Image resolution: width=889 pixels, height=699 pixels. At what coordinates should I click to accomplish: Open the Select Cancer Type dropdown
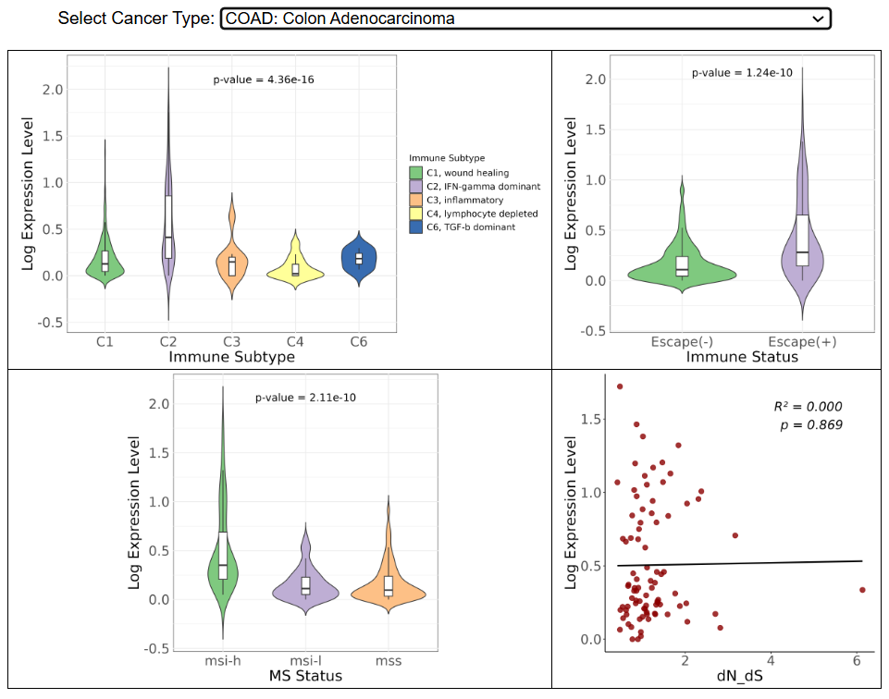525,18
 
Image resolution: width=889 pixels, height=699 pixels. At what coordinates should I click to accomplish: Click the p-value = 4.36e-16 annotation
264,80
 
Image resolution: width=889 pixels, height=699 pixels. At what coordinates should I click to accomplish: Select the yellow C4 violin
295,269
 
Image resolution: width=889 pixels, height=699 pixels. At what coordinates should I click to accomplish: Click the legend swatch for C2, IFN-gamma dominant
416,187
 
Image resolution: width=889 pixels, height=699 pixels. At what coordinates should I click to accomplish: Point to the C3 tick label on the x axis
232,342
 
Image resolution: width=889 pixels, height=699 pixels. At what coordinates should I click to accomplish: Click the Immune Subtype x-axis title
232,356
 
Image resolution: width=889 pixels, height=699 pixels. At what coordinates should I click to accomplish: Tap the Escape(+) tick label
803,342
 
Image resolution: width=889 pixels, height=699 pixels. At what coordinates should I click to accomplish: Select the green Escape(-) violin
682,268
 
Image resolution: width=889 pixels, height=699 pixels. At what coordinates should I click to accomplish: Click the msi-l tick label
306,661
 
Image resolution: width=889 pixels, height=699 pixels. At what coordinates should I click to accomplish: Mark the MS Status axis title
305,676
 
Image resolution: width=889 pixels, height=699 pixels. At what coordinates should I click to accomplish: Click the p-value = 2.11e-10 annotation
305,398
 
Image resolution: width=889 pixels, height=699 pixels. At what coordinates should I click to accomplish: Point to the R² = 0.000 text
808,407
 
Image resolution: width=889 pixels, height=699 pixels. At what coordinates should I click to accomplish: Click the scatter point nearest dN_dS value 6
862,590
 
